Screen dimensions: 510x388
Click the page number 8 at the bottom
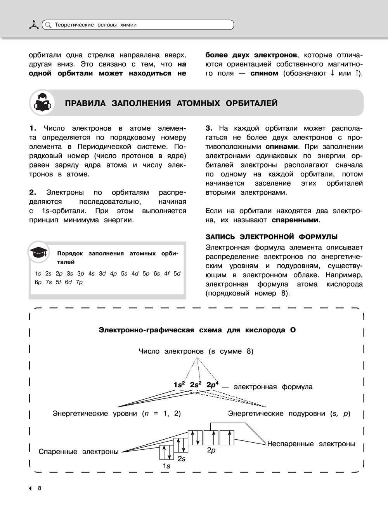tap(39, 489)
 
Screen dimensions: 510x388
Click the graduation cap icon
tap(39, 252)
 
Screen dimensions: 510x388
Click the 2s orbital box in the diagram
tap(181, 445)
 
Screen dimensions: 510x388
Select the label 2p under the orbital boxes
tap(211, 451)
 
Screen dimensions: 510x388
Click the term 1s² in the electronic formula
tap(179, 385)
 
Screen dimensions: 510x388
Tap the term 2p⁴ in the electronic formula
tap(212, 385)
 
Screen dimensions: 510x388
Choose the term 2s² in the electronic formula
tap(196, 385)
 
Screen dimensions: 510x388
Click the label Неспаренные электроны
tap(311, 444)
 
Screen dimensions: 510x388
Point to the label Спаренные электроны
tap(78, 452)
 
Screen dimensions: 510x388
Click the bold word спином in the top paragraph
tap(264, 73)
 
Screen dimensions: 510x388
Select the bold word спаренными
tap(295, 220)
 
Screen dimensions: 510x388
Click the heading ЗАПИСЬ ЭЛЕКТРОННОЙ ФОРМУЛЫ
tap(271, 237)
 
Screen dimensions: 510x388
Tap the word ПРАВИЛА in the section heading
tap(86, 103)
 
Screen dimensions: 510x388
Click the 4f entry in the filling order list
tap(167, 273)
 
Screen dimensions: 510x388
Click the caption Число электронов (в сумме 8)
tap(196, 351)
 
